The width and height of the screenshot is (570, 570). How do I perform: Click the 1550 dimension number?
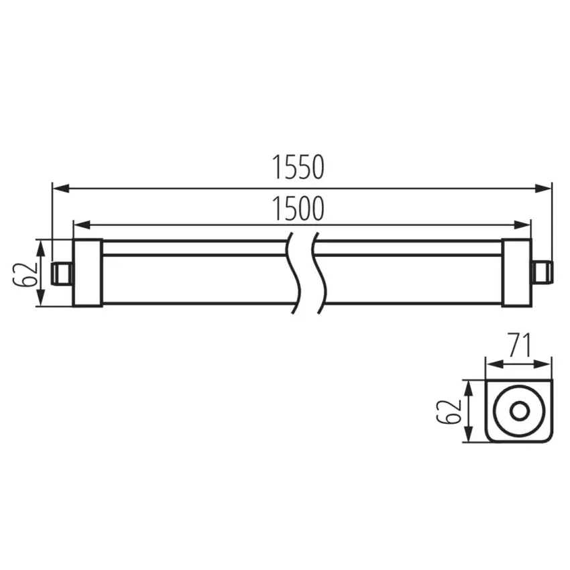(x=298, y=168)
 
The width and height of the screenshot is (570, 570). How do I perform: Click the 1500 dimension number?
(x=298, y=209)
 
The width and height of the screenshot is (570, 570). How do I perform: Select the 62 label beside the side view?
(x=25, y=273)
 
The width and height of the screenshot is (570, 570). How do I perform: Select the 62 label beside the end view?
(x=449, y=410)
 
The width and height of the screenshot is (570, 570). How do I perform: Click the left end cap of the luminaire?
(x=87, y=272)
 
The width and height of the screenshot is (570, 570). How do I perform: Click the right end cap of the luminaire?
(x=516, y=272)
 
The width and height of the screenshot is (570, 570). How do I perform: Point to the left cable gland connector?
(x=62, y=272)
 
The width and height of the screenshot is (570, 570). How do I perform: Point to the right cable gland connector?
(x=541, y=272)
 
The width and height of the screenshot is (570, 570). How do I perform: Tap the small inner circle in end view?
(x=519, y=411)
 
